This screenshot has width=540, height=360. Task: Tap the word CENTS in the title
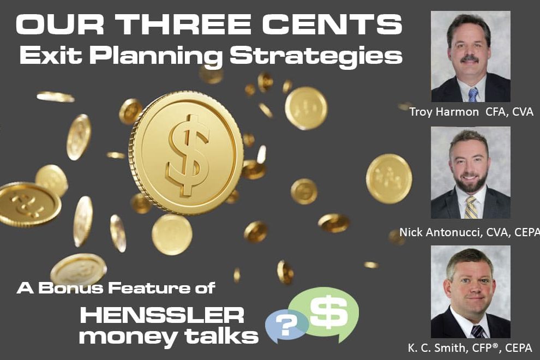coord(333,24)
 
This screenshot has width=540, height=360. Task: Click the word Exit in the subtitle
coord(50,55)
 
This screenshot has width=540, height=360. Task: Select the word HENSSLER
coord(162,315)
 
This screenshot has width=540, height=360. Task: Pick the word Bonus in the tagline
coord(70,288)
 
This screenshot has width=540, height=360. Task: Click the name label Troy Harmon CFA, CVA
coord(471,112)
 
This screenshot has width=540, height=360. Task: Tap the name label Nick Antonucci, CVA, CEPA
coord(470,232)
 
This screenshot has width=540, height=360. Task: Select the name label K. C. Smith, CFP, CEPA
coord(470,347)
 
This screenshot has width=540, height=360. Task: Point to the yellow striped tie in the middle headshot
coord(471,208)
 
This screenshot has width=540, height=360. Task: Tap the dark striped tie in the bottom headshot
coord(478,332)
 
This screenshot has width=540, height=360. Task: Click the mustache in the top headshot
coord(470,58)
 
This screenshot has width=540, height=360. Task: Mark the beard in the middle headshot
coord(470,181)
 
